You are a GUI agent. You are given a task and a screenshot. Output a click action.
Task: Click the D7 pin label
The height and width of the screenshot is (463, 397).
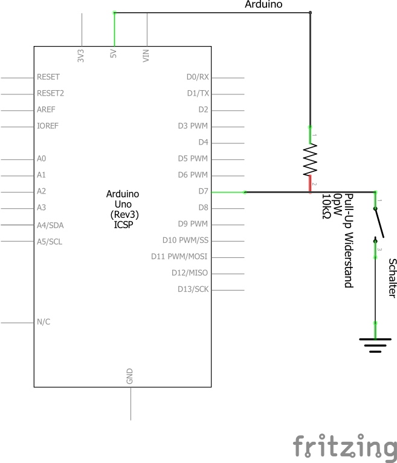(x=202, y=192)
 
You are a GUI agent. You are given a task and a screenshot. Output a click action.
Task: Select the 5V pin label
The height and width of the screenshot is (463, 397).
(x=114, y=54)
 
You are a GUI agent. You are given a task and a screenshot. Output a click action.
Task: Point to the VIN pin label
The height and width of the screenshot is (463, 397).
(x=146, y=55)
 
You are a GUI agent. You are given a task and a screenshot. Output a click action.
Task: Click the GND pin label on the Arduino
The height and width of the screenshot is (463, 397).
(x=129, y=376)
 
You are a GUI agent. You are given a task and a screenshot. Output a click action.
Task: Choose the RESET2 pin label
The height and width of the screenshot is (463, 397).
(x=50, y=94)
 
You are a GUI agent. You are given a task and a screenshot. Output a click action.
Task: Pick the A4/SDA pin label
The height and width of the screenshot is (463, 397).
(x=50, y=225)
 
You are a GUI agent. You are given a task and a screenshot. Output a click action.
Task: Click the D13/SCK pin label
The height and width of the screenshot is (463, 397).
(x=193, y=289)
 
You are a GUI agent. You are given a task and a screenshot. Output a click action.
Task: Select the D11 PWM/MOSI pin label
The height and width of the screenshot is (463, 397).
(x=179, y=257)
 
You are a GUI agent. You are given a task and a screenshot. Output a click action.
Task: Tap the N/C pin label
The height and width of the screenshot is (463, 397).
(x=44, y=322)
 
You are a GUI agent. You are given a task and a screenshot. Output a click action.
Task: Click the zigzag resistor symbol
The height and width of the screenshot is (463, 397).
(x=310, y=159)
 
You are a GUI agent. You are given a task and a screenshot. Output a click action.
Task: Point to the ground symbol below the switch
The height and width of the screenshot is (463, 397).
(x=375, y=346)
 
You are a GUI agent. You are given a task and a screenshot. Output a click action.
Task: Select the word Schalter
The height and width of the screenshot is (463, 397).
(x=392, y=278)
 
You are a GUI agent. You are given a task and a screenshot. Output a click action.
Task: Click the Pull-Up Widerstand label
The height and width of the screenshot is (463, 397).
(x=348, y=245)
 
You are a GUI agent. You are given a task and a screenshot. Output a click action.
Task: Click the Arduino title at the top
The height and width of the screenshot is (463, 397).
(x=263, y=5)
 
